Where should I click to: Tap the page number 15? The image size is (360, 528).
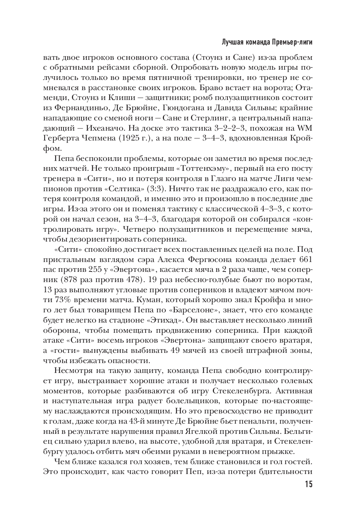click(x=308, y=485)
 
